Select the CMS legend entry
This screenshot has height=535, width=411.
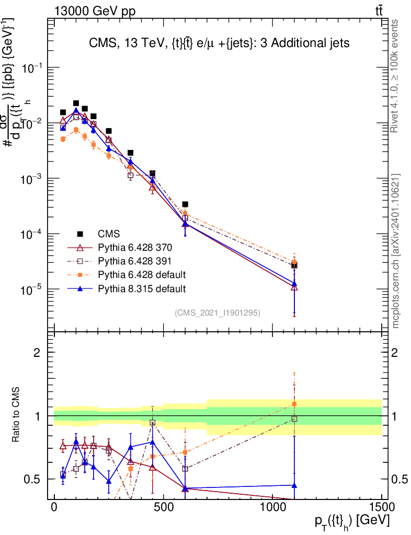click(x=108, y=234)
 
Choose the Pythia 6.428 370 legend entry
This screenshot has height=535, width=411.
click(x=134, y=248)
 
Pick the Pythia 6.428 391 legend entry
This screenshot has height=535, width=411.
click(x=134, y=261)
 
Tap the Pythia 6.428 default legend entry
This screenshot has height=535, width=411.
click(x=142, y=275)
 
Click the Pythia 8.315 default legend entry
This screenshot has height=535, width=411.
click(x=142, y=288)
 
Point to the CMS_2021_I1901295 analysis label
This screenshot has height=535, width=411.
click(x=217, y=313)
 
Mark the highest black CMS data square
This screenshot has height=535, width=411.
click(x=76, y=103)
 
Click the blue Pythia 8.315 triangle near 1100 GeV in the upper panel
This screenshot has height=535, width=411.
click(x=294, y=283)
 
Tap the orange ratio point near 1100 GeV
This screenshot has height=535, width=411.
click(x=294, y=404)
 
